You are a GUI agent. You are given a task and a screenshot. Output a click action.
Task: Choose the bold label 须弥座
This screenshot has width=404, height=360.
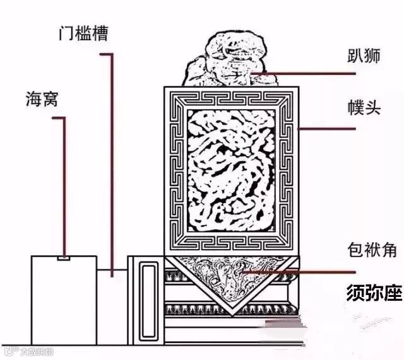[374, 293]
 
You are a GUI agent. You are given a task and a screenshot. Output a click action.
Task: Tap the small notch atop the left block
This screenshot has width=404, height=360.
[64, 257]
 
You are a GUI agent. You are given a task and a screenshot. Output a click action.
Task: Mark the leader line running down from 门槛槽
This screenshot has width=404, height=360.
[113, 158]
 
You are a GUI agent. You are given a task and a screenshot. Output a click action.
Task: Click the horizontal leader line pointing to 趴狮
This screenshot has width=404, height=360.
[297, 73]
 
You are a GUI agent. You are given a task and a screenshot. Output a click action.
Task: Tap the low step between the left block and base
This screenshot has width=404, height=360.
[112, 303]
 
